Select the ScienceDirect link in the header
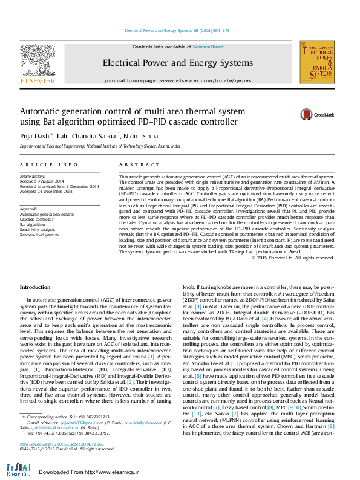pyautogui.click(x=208, y=47)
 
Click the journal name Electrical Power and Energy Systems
pyautogui.click(x=177, y=63)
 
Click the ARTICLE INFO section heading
pyautogui.click(x=48, y=164)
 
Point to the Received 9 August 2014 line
pyautogui.click(x=42, y=181)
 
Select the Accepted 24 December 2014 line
pyautogui.click(x=46, y=190)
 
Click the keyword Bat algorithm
pyautogui.click(x=33, y=224)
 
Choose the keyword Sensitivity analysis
pyautogui.click(x=38, y=229)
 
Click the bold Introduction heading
pyautogui.click(x=35, y=287)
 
